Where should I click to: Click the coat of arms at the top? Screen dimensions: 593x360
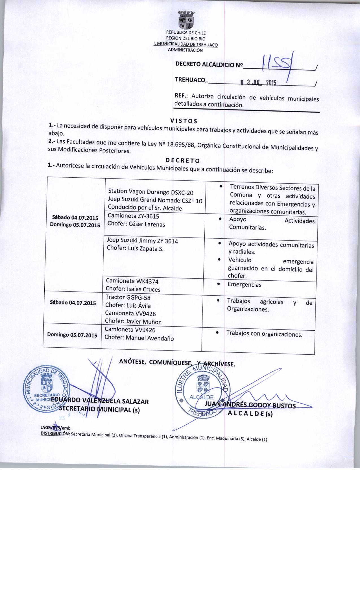click(x=185, y=20)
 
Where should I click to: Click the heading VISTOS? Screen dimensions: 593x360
click(x=184, y=121)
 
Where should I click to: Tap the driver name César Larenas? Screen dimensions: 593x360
click(x=147, y=224)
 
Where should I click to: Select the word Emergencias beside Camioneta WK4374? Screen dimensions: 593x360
click(x=245, y=285)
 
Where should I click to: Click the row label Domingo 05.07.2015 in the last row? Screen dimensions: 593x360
click(x=72, y=335)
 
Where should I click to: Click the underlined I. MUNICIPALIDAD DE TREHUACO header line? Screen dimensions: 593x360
click(x=185, y=44)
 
